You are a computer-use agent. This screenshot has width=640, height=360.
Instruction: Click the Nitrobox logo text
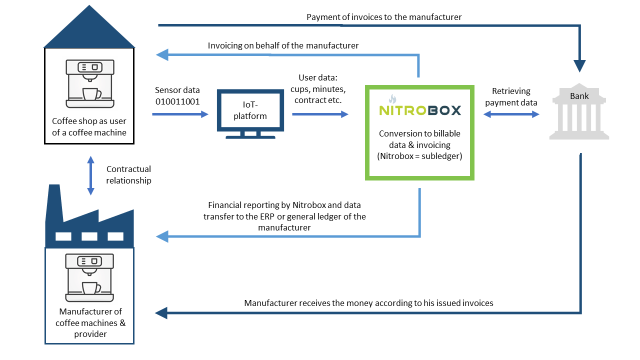(420, 110)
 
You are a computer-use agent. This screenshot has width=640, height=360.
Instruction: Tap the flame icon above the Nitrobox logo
(392, 99)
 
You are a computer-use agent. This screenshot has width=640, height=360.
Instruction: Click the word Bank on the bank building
(579, 96)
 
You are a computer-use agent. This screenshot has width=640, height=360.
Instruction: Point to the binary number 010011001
(177, 101)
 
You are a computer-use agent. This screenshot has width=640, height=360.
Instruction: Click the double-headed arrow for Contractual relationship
(91, 175)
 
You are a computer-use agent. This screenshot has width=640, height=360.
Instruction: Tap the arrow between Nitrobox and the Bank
(511, 114)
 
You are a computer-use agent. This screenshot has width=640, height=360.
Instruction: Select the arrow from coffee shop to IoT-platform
(180, 114)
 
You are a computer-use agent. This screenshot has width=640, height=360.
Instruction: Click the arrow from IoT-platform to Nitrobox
(320, 114)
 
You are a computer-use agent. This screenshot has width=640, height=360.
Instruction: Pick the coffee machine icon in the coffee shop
(90, 83)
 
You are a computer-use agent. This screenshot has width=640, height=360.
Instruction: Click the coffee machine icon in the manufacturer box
(89, 277)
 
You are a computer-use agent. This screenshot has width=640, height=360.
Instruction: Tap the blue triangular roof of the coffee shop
(89, 26)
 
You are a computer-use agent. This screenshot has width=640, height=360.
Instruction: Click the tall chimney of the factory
(54, 203)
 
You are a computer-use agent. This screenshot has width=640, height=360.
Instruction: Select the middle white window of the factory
(89, 236)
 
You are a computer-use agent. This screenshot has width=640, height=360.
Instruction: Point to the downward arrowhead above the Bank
(579, 66)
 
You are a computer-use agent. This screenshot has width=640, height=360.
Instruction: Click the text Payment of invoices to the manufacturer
(384, 17)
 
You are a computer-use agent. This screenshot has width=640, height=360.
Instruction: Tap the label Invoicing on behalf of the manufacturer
(283, 45)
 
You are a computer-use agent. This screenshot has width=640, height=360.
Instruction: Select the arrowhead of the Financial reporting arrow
(162, 236)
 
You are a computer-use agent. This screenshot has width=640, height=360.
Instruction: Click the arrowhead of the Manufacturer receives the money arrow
(161, 313)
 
